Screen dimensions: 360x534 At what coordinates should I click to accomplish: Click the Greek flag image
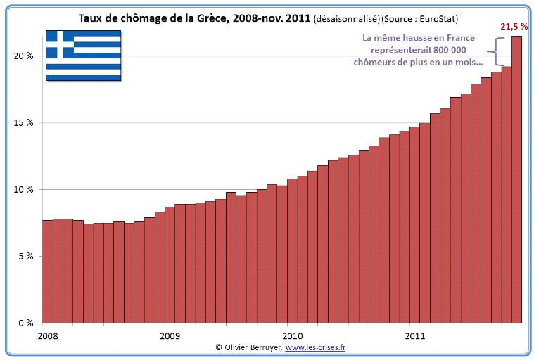coord(82,55)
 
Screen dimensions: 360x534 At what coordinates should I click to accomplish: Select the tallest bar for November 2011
coord(516,179)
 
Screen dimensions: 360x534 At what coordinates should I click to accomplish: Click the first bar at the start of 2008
coord(47,271)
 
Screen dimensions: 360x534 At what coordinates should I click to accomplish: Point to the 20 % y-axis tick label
coord(24,56)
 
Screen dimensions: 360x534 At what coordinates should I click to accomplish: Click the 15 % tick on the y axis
coord(24,122)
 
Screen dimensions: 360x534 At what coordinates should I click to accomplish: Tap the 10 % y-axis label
coord(24,189)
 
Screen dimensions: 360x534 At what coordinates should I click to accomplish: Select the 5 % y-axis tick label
coord(25,256)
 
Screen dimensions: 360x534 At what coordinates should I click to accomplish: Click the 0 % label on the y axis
coord(25,323)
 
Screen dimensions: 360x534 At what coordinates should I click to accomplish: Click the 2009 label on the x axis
coord(170,335)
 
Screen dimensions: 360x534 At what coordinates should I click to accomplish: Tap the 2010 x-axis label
coord(292,335)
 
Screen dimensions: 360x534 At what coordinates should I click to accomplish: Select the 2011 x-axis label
coord(414,335)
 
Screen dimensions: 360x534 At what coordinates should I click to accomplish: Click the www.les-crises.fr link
coord(315,347)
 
